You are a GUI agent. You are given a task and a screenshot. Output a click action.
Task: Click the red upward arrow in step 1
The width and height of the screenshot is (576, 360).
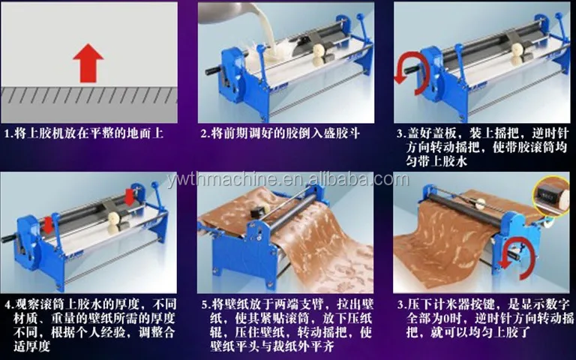point(91,61)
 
